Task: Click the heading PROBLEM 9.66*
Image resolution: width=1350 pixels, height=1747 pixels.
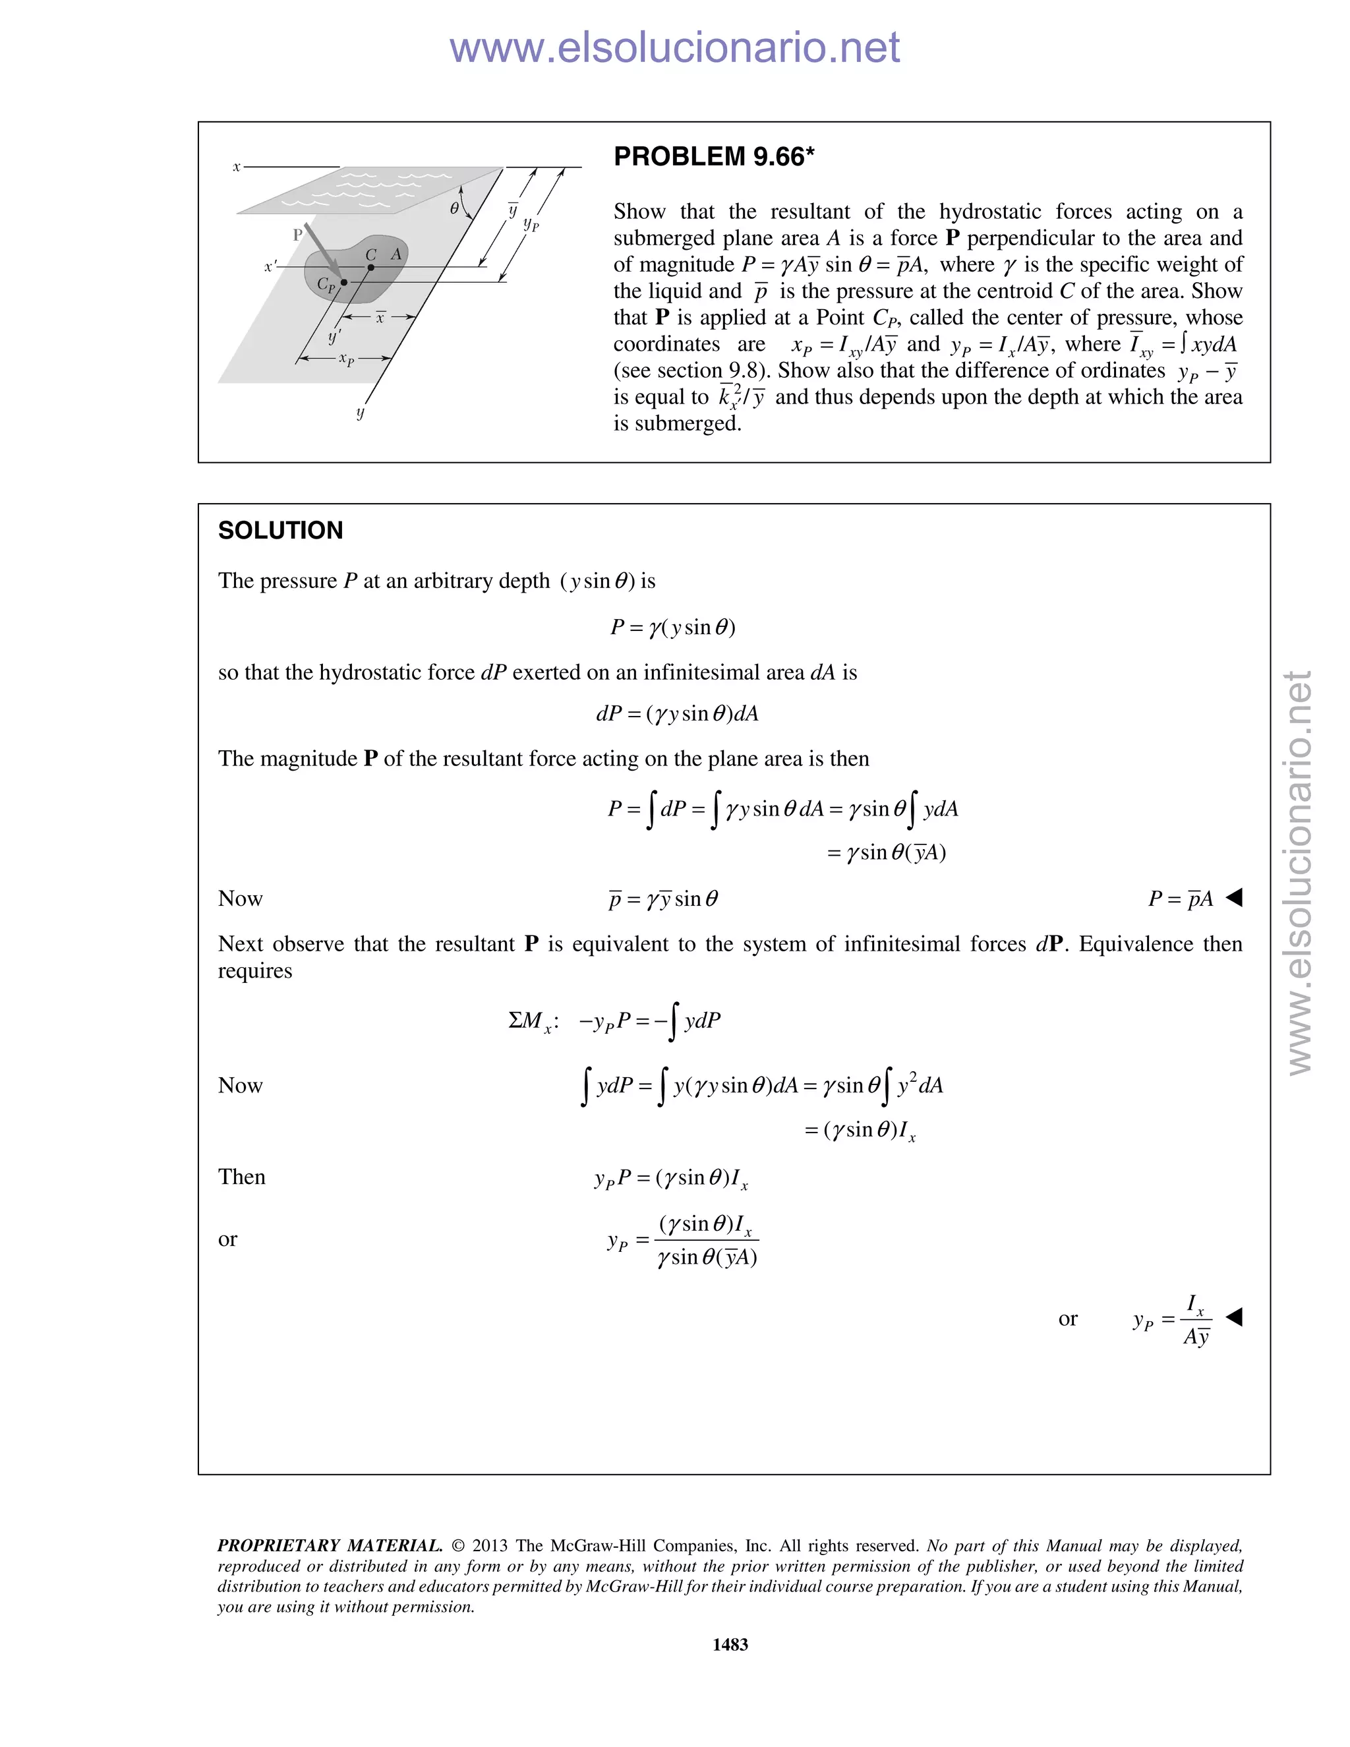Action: (x=713, y=157)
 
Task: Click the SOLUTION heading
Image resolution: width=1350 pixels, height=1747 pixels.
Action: (x=280, y=530)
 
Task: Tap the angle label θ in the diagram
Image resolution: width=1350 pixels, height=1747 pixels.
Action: (x=454, y=208)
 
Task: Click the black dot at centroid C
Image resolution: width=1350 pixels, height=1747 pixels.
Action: (x=371, y=268)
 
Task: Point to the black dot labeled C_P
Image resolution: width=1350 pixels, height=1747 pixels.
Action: (x=344, y=282)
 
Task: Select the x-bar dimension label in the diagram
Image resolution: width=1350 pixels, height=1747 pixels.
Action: (x=381, y=318)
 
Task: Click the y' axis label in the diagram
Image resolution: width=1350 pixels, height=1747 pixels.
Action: (x=334, y=336)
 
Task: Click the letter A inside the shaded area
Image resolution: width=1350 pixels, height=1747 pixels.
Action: (x=396, y=254)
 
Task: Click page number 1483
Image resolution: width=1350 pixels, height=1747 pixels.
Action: (x=730, y=1643)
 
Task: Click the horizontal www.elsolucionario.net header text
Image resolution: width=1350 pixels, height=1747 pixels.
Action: (x=674, y=47)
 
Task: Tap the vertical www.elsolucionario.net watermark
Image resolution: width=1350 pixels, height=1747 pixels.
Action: (x=1300, y=872)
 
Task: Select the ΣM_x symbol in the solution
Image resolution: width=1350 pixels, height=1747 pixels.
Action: (x=531, y=1021)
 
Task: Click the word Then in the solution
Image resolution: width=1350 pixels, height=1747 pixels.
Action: (x=241, y=1177)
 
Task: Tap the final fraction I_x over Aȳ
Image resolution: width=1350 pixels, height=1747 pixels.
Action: (x=1196, y=1320)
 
